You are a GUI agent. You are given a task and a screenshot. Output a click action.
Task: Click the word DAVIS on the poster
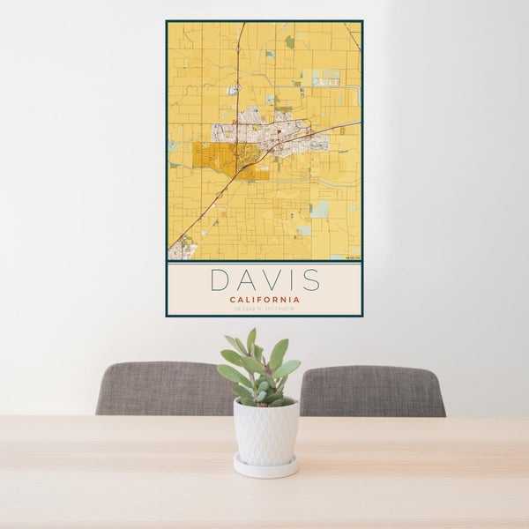[x=264, y=279]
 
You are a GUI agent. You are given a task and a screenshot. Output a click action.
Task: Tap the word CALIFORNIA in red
[x=264, y=300]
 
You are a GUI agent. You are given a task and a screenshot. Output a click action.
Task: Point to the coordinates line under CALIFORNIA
[x=264, y=309]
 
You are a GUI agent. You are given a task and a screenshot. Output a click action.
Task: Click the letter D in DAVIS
[x=219, y=279]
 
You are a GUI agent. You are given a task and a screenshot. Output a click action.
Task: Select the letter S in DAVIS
[x=310, y=279]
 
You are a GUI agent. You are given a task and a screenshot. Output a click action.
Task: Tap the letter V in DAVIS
[x=265, y=279]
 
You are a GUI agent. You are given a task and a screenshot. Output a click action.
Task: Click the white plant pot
[x=265, y=431]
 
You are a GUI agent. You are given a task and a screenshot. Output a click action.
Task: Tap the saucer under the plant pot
[x=265, y=467]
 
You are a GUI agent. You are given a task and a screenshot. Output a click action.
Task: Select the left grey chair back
[x=163, y=388]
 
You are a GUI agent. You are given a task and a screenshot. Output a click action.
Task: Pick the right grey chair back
[x=372, y=391]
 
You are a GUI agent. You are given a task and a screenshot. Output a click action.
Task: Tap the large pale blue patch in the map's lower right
[x=319, y=208]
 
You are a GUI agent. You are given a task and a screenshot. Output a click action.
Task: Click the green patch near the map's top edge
[x=290, y=41]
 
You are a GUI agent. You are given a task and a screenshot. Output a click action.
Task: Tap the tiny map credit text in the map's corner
[x=352, y=257]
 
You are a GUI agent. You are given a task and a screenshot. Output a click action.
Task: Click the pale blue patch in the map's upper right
[x=326, y=77]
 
